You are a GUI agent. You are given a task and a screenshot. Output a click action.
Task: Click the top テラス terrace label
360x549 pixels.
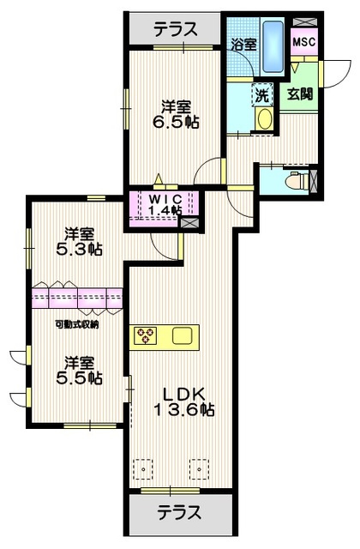pyautogui.click(x=177, y=28)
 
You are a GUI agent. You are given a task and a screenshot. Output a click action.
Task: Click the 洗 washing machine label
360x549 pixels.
pyautogui.click(x=262, y=96)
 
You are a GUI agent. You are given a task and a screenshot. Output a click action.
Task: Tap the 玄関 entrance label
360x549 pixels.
pyautogui.click(x=299, y=94)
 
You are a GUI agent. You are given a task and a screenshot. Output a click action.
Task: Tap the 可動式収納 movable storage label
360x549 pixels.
pyautogui.click(x=76, y=323)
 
